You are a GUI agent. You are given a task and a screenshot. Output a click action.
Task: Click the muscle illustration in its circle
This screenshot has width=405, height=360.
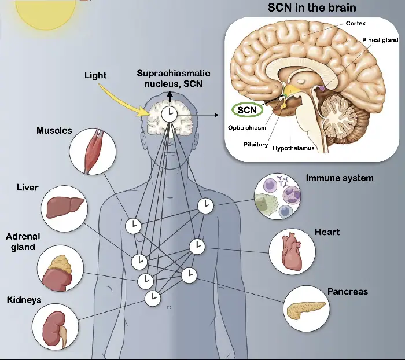tap(93, 152)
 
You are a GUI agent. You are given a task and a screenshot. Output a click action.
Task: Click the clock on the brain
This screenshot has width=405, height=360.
tap(170, 114)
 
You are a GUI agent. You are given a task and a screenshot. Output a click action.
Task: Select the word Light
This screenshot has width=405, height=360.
tap(95, 76)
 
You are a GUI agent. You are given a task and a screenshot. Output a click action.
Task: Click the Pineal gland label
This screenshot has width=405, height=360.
tap(380, 40)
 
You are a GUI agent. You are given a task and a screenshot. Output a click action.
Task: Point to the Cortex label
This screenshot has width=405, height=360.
tap(356, 23)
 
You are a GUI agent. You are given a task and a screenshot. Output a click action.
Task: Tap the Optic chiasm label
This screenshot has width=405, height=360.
tap(247, 127)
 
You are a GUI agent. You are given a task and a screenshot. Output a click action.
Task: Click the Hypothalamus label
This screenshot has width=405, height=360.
tap(293, 148)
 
